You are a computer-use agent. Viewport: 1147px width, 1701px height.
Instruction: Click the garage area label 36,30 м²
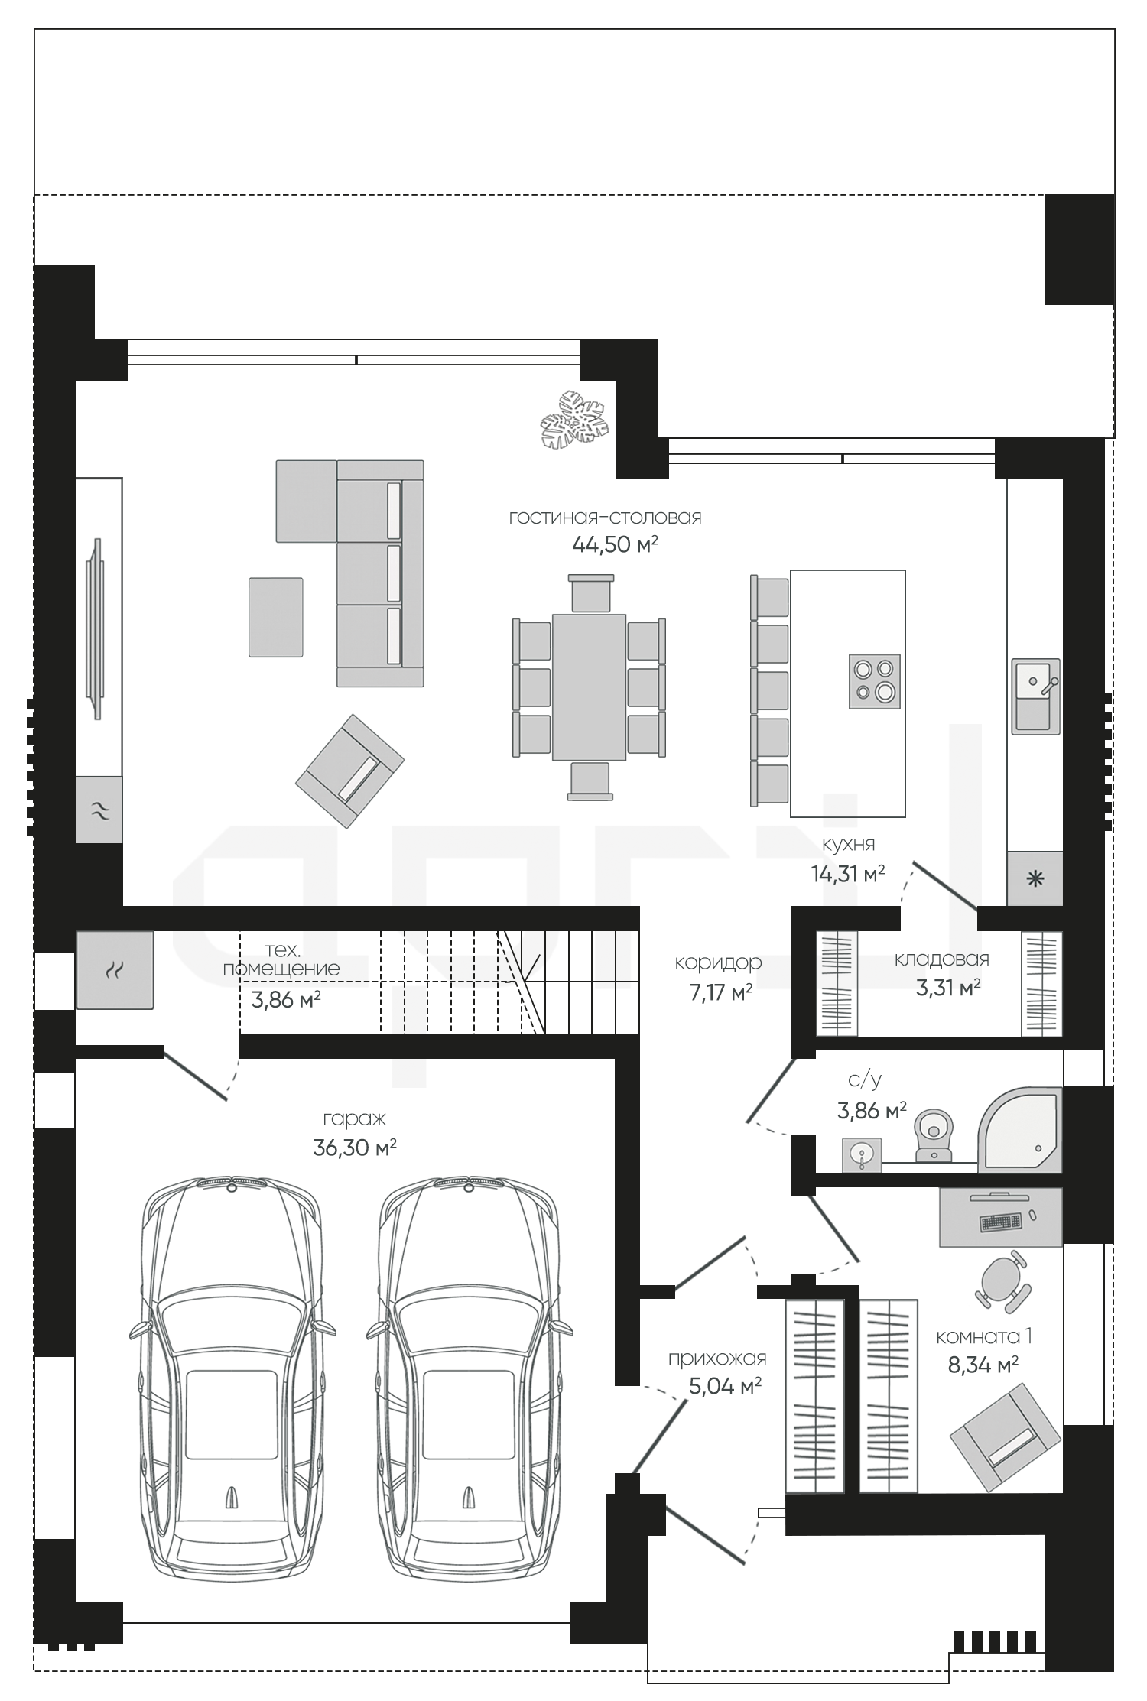click(x=355, y=1147)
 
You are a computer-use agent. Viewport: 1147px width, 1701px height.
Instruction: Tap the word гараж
click(x=355, y=1118)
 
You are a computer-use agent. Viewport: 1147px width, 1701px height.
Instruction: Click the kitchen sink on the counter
click(x=1036, y=696)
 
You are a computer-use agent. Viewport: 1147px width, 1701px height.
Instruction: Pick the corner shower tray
click(x=1021, y=1129)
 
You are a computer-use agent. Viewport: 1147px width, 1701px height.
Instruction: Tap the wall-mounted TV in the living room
click(x=96, y=628)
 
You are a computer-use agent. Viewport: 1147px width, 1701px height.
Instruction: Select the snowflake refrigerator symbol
click(x=1035, y=878)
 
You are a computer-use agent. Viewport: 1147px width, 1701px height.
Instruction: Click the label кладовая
click(x=942, y=959)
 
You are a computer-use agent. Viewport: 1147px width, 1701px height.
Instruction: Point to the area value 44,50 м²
click(x=616, y=544)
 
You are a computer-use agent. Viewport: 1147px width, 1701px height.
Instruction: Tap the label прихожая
click(x=717, y=1359)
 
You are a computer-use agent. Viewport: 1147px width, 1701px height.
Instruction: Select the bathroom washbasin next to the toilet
click(x=862, y=1154)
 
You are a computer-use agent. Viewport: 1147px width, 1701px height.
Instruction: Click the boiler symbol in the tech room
click(x=115, y=970)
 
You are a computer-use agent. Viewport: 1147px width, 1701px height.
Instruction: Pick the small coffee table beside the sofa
click(x=275, y=617)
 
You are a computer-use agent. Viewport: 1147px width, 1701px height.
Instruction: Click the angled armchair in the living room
click(x=350, y=771)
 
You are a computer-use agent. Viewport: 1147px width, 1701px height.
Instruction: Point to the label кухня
click(x=849, y=844)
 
